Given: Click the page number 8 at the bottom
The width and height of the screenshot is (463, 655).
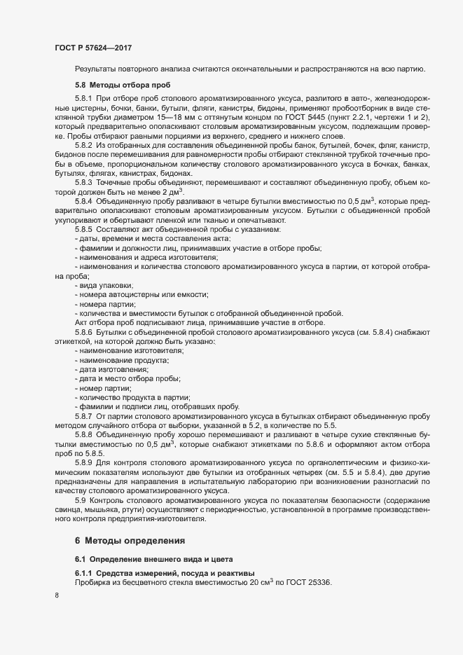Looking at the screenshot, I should pyautogui.click(x=57, y=596).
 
